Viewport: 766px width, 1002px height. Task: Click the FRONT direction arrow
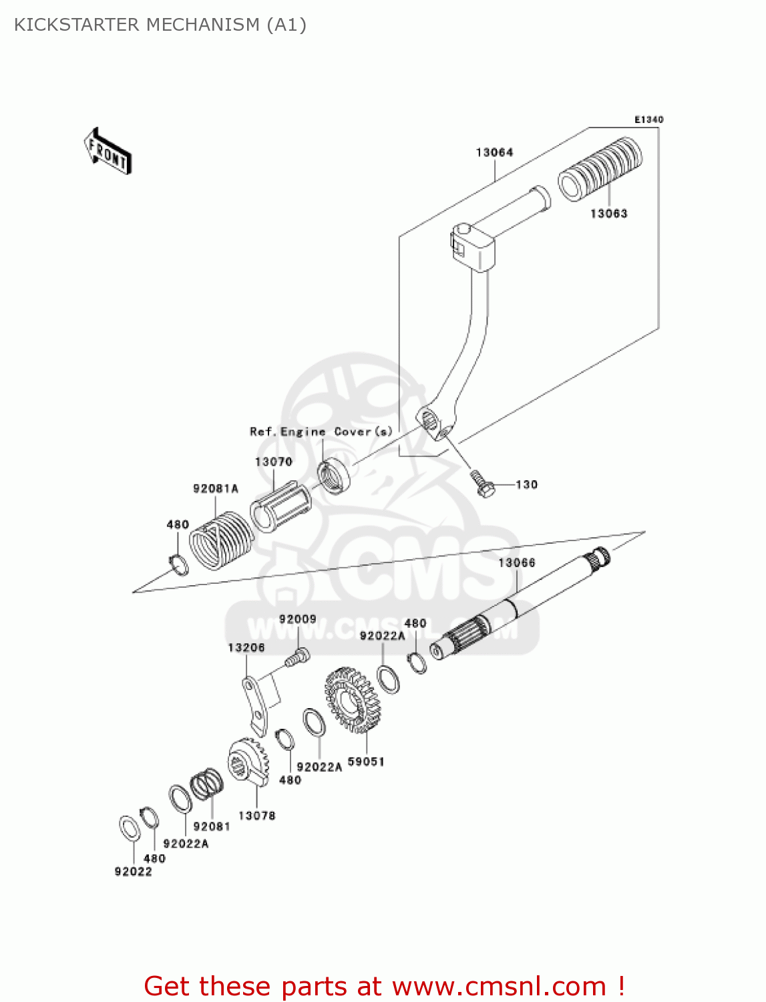(x=107, y=152)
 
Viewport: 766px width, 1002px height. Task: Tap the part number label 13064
(x=494, y=153)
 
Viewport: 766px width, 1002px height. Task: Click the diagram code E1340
(x=648, y=120)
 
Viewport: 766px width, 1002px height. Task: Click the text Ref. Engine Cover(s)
(x=321, y=432)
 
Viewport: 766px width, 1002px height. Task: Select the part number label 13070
(x=273, y=462)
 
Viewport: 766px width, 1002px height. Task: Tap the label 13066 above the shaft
(x=517, y=563)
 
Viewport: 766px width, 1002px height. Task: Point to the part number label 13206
(x=246, y=648)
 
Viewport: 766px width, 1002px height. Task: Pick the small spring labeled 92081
(x=206, y=784)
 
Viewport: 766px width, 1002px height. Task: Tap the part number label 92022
(x=133, y=872)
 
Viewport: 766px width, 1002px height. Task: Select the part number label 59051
(x=366, y=762)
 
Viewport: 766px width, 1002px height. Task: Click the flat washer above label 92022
(x=129, y=828)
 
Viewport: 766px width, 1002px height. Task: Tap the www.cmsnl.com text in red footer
(x=499, y=987)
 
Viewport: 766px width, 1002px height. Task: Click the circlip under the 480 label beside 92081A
(x=178, y=564)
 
